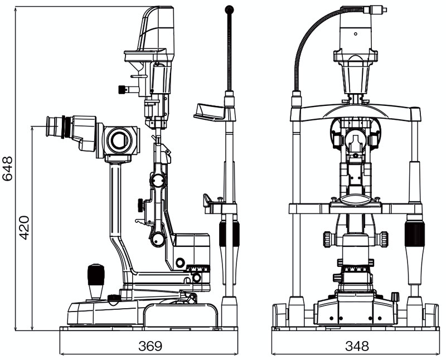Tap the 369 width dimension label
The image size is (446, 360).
point(149,346)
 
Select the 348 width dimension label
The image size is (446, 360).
point(357,346)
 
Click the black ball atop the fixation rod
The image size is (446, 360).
point(229,9)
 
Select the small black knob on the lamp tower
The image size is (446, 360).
point(122,89)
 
